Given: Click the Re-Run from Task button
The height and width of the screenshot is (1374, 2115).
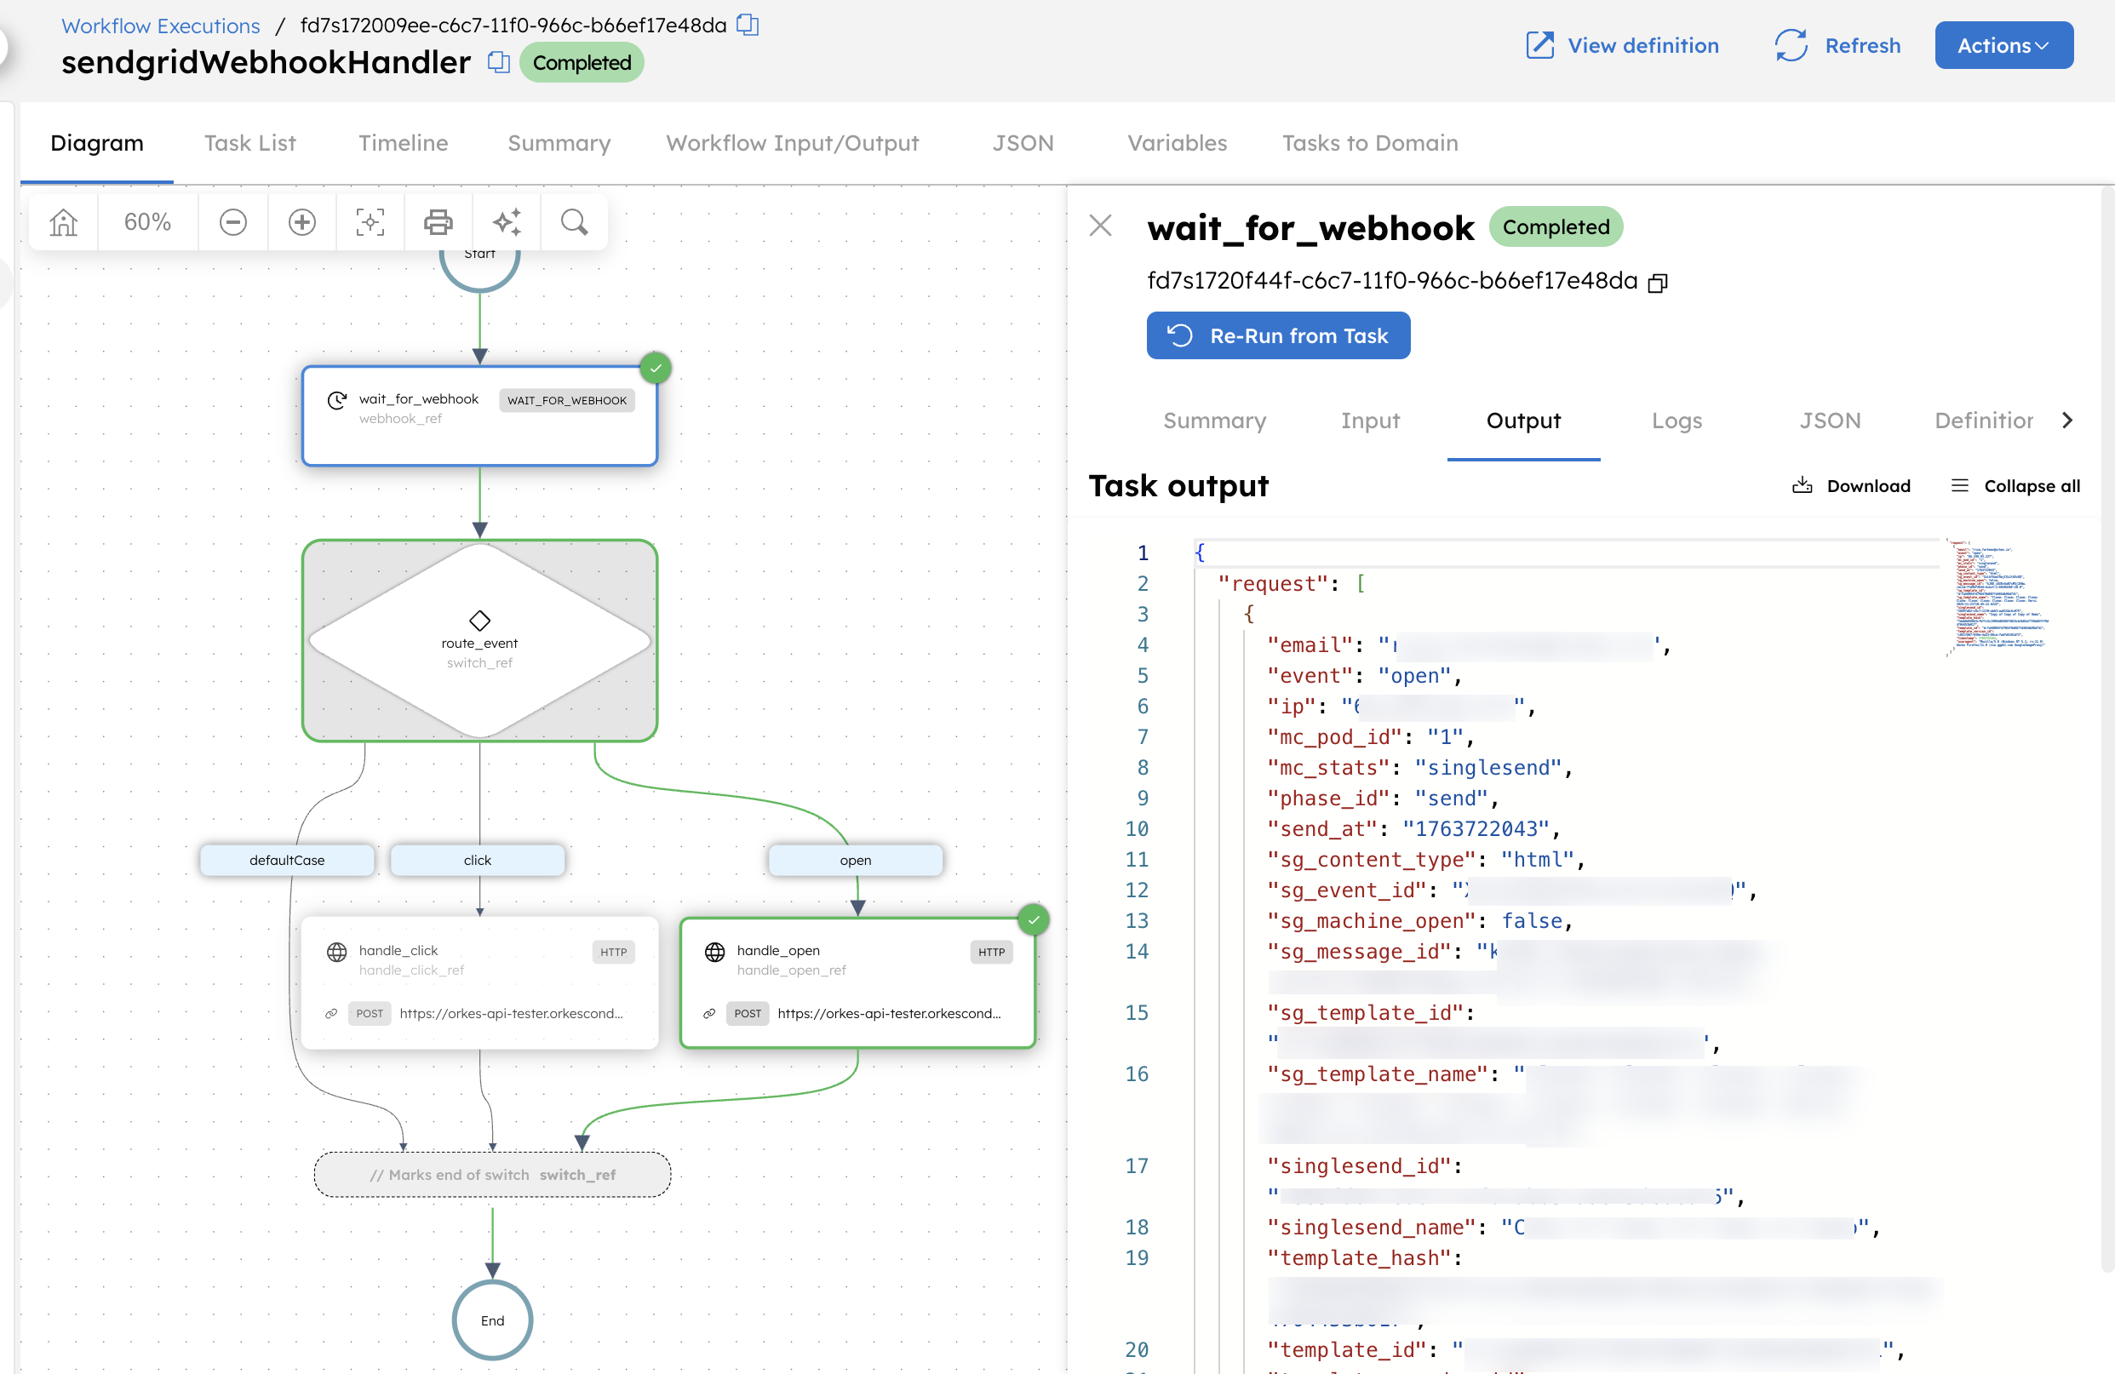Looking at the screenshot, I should tap(1278, 336).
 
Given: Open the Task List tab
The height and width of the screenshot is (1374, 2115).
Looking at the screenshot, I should tap(249, 143).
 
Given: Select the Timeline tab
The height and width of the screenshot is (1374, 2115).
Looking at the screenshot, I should tap(403, 143).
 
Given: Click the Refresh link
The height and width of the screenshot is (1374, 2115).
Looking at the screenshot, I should tap(1837, 45).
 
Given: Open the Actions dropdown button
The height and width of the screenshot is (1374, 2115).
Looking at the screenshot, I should tap(2003, 45).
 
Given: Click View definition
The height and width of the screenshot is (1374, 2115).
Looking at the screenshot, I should tap(1623, 45).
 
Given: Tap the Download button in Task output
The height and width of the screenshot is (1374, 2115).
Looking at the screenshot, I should tap(1852, 486).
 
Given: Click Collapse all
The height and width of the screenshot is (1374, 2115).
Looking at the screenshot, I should tap(2015, 486).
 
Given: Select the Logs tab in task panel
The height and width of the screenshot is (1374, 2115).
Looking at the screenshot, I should tap(1676, 421).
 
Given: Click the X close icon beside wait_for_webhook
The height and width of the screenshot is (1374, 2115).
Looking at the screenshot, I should tap(1100, 226).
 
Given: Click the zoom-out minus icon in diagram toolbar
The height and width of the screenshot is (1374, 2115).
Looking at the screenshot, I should tap(232, 222).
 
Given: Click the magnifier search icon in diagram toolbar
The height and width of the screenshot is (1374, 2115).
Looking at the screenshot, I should tap(574, 222).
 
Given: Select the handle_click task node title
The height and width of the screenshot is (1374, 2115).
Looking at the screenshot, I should tap(398, 950).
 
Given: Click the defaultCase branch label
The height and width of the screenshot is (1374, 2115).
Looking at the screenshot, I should tap(287, 860).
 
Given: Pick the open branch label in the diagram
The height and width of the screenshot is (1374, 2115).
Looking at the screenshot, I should tap(855, 860).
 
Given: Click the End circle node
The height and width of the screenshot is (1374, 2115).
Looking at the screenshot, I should tap(492, 1320).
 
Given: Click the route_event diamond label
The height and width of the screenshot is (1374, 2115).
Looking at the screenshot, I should tap(479, 643).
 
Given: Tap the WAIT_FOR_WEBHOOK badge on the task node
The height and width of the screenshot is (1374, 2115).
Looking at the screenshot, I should tap(567, 400).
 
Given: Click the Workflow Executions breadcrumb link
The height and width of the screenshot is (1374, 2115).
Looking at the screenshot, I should tap(161, 26).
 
